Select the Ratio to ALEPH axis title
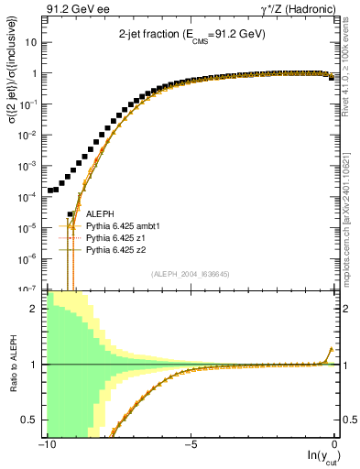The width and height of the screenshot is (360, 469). pos(13,365)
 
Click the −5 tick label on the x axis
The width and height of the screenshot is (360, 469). pos(190,445)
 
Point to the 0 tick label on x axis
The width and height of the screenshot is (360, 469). pos(334,445)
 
